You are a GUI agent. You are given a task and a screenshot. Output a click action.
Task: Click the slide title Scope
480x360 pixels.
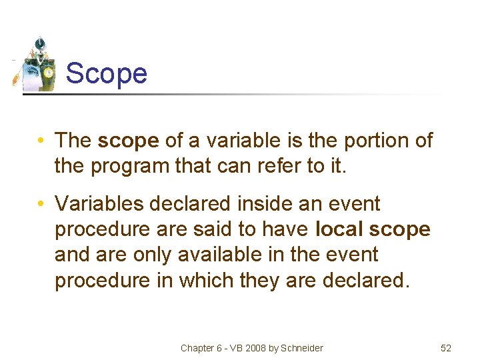pos(107,73)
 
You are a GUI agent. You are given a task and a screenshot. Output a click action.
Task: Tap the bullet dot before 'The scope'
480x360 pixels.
pos(41,141)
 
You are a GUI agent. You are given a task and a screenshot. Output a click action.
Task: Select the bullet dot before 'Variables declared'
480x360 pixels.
pos(41,203)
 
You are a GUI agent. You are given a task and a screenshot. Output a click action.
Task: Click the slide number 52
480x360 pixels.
pos(446,348)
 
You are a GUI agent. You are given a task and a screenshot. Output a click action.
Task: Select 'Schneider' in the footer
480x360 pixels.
pos(301,348)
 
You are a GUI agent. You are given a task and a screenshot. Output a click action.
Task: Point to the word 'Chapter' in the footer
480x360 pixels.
pos(197,348)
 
